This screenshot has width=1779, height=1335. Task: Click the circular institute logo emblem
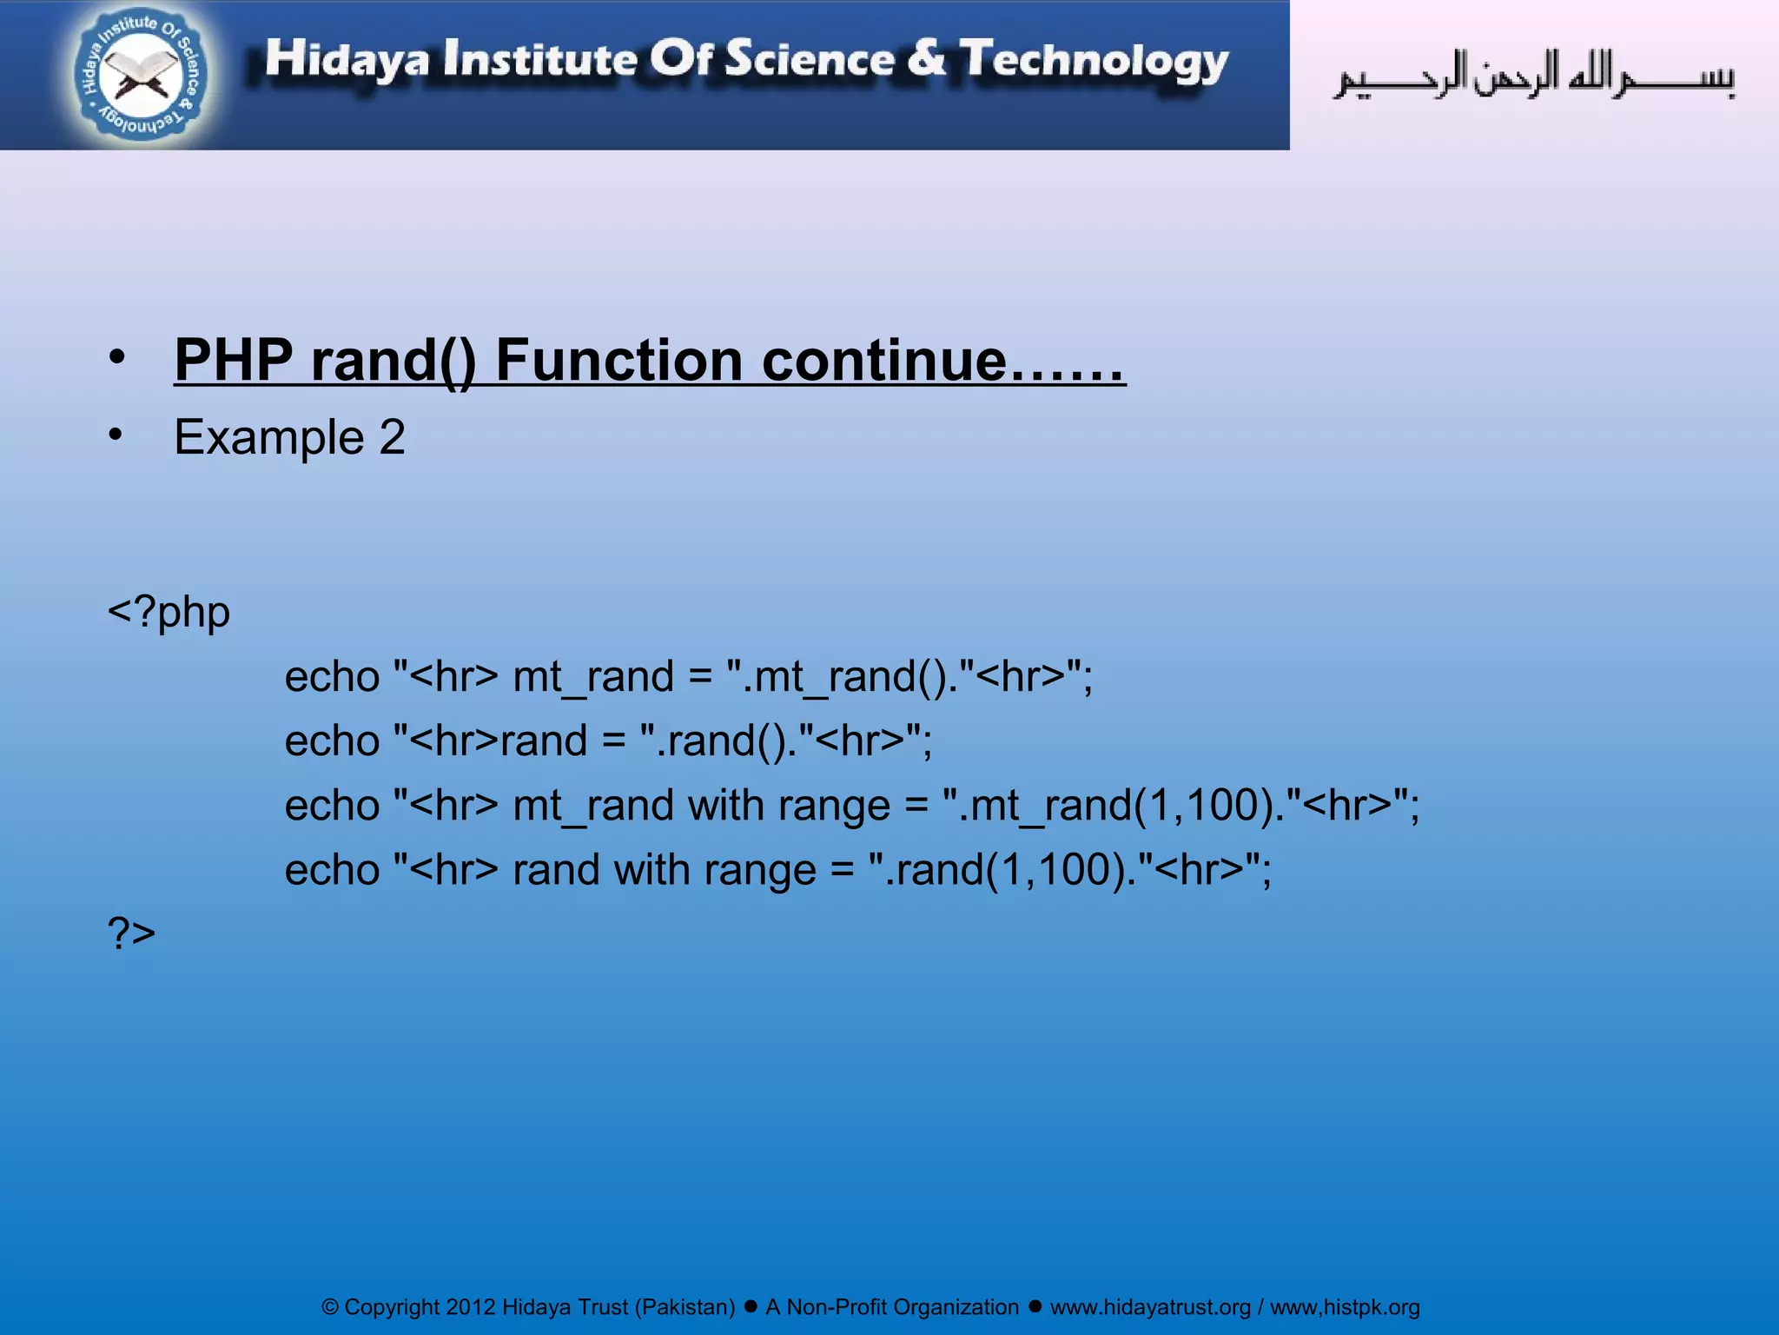[141, 75]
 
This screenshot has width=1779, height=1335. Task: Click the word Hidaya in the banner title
[347, 60]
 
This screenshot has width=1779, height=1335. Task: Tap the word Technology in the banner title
[1094, 60]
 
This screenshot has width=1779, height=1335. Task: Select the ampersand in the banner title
[926, 58]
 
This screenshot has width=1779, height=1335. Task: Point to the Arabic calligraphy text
[1534, 76]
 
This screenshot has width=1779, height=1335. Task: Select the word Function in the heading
[618, 360]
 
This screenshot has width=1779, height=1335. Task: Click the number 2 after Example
[392, 436]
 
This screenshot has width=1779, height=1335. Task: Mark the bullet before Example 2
[116, 434]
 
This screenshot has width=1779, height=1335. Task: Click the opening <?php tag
[169, 613]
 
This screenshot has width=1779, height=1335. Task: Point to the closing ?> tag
[131, 933]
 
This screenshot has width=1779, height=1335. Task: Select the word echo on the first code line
[332, 677]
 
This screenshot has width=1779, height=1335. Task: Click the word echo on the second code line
[332, 741]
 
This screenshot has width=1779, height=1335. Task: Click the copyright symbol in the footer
[330, 1307]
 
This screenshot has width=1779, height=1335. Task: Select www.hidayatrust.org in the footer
[1150, 1307]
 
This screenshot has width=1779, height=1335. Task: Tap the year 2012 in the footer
[470, 1307]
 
